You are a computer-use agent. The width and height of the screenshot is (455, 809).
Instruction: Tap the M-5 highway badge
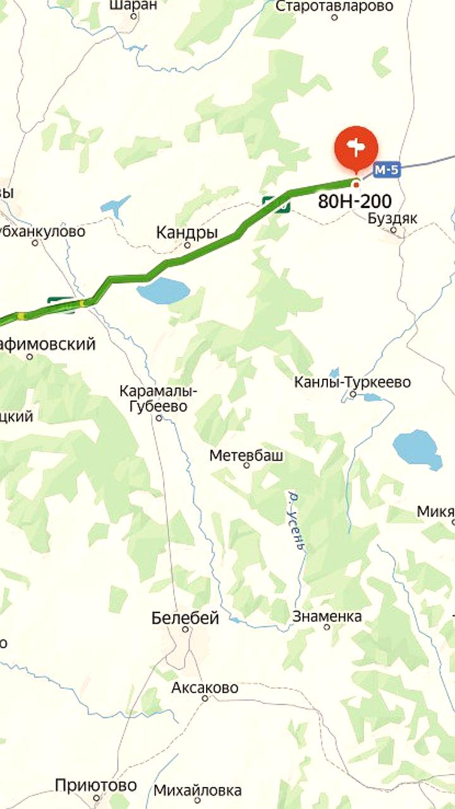[x=387, y=169]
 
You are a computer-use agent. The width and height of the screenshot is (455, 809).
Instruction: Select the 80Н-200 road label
[x=355, y=202]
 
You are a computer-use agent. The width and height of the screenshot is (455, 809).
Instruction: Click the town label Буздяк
[x=392, y=218]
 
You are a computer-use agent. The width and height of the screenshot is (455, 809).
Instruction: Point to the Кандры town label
[x=186, y=233]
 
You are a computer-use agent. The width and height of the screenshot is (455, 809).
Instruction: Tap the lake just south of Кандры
[x=163, y=291]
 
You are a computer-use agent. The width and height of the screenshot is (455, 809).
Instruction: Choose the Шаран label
[x=133, y=5]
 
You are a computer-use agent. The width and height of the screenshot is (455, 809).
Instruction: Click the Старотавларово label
[x=334, y=6]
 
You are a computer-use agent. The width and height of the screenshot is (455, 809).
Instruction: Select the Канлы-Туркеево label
[x=353, y=382]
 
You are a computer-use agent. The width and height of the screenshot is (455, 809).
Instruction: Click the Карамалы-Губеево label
[x=158, y=399]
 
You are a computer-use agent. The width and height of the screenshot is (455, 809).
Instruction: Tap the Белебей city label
[x=185, y=617]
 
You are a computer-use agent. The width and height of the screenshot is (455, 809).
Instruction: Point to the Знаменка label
[x=327, y=616]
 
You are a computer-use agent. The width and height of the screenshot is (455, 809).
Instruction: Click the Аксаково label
[x=205, y=687]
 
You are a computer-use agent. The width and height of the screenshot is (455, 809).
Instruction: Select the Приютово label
[x=95, y=786]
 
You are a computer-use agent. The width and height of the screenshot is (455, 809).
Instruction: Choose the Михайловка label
[x=197, y=790]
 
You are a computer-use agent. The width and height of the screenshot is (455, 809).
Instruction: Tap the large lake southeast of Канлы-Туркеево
[x=417, y=449]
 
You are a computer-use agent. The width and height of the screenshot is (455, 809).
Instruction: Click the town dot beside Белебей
[x=185, y=630]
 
